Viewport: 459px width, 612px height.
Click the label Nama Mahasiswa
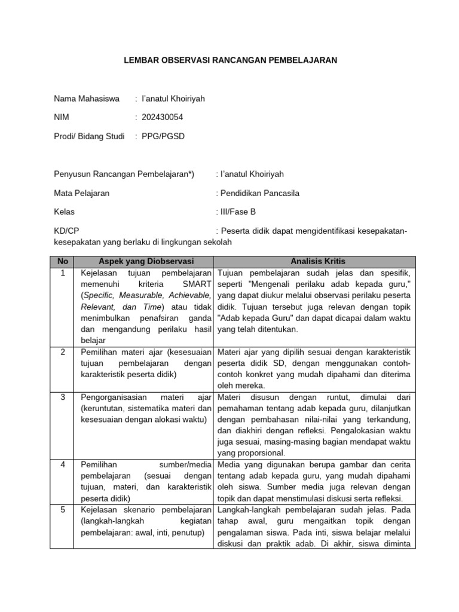[x=87, y=98]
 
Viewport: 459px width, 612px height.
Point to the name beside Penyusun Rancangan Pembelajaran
[x=252, y=174]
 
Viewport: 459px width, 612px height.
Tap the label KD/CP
[x=66, y=231]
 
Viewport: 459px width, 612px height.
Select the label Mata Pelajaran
[x=81, y=193]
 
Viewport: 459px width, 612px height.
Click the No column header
[x=63, y=261]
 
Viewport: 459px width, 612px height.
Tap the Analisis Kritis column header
[x=313, y=261]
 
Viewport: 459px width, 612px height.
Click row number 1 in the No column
[x=63, y=273]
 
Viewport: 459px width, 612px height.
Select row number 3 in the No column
[x=63, y=397]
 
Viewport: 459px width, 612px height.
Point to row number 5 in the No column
[x=63, y=510]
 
